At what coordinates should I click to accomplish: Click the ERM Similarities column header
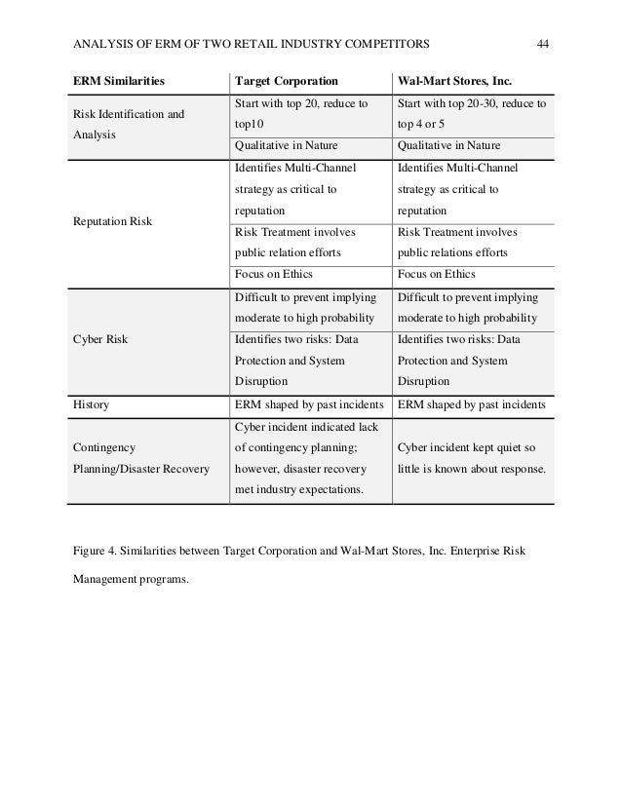pos(115,79)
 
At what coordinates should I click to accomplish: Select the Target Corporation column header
pos(287,79)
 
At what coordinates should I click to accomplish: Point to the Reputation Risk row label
pos(110,220)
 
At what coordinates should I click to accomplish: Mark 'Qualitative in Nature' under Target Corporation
pos(287,145)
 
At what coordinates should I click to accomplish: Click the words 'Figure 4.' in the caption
pos(94,549)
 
